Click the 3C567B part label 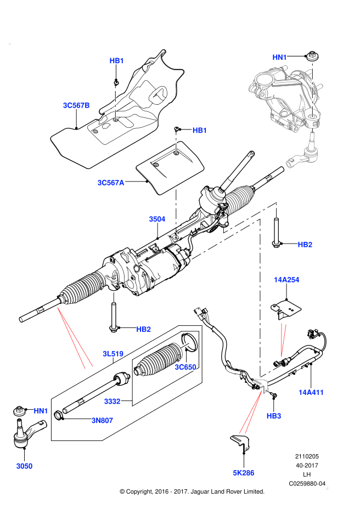point(76,105)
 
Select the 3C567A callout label point(111,183)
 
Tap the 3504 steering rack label point(157,219)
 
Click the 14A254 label point(286,280)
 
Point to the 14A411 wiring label point(311,392)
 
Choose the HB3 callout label point(274,416)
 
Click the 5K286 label point(243,472)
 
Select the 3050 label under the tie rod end point(24,466)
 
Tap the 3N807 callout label point(102,421)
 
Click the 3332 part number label point(112,401)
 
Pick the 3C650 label point(185,367)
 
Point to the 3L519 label point(113,353)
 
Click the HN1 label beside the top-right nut point(280,56)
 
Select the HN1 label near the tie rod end point(41,410)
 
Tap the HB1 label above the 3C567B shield point(117,61)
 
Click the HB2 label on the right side point(305,244)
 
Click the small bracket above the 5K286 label point(240,443)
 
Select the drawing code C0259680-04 point(308,484)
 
